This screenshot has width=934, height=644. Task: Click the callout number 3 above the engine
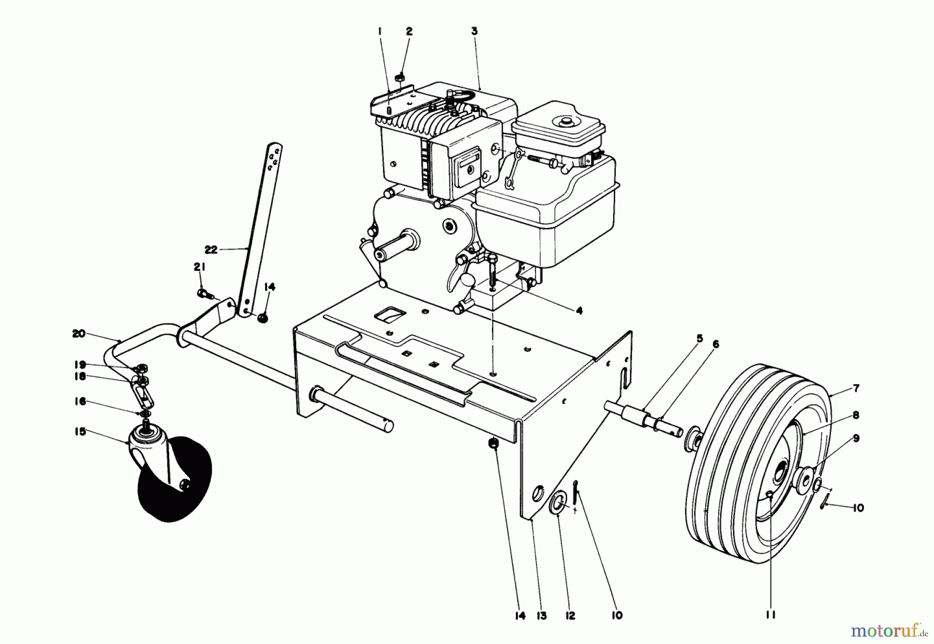click(474, 31)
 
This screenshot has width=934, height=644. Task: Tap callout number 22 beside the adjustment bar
click(210, 250)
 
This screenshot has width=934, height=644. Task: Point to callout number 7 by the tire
click(856, 388)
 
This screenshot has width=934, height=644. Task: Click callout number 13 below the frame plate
click(541, 615)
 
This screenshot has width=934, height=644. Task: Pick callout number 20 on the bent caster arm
click(78, 334)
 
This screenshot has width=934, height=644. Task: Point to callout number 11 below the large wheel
click(770, 615)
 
